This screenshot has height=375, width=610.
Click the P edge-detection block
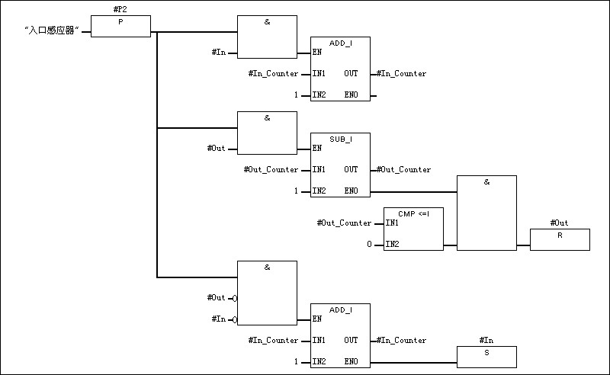(120, 27)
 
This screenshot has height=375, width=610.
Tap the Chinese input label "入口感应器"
(53, 33)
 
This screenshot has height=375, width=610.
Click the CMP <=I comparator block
(413, 229)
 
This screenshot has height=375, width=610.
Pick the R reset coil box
(560, 239)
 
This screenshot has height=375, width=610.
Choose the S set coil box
(486, 356)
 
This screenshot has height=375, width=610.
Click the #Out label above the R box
(559, 223)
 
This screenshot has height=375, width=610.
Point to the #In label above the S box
(486, 340)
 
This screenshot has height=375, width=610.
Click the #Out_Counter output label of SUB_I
(404, 169)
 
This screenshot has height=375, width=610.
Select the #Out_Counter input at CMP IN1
(344, 223)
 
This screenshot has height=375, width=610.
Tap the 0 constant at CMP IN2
(369, 245)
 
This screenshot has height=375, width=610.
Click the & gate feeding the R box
(486, 213)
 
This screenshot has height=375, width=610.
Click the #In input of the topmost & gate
(218, 53)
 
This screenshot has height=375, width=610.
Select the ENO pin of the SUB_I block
(351, 191)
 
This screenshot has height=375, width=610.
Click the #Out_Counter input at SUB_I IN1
(271, 169)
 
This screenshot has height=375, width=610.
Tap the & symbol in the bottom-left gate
(267, 268)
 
